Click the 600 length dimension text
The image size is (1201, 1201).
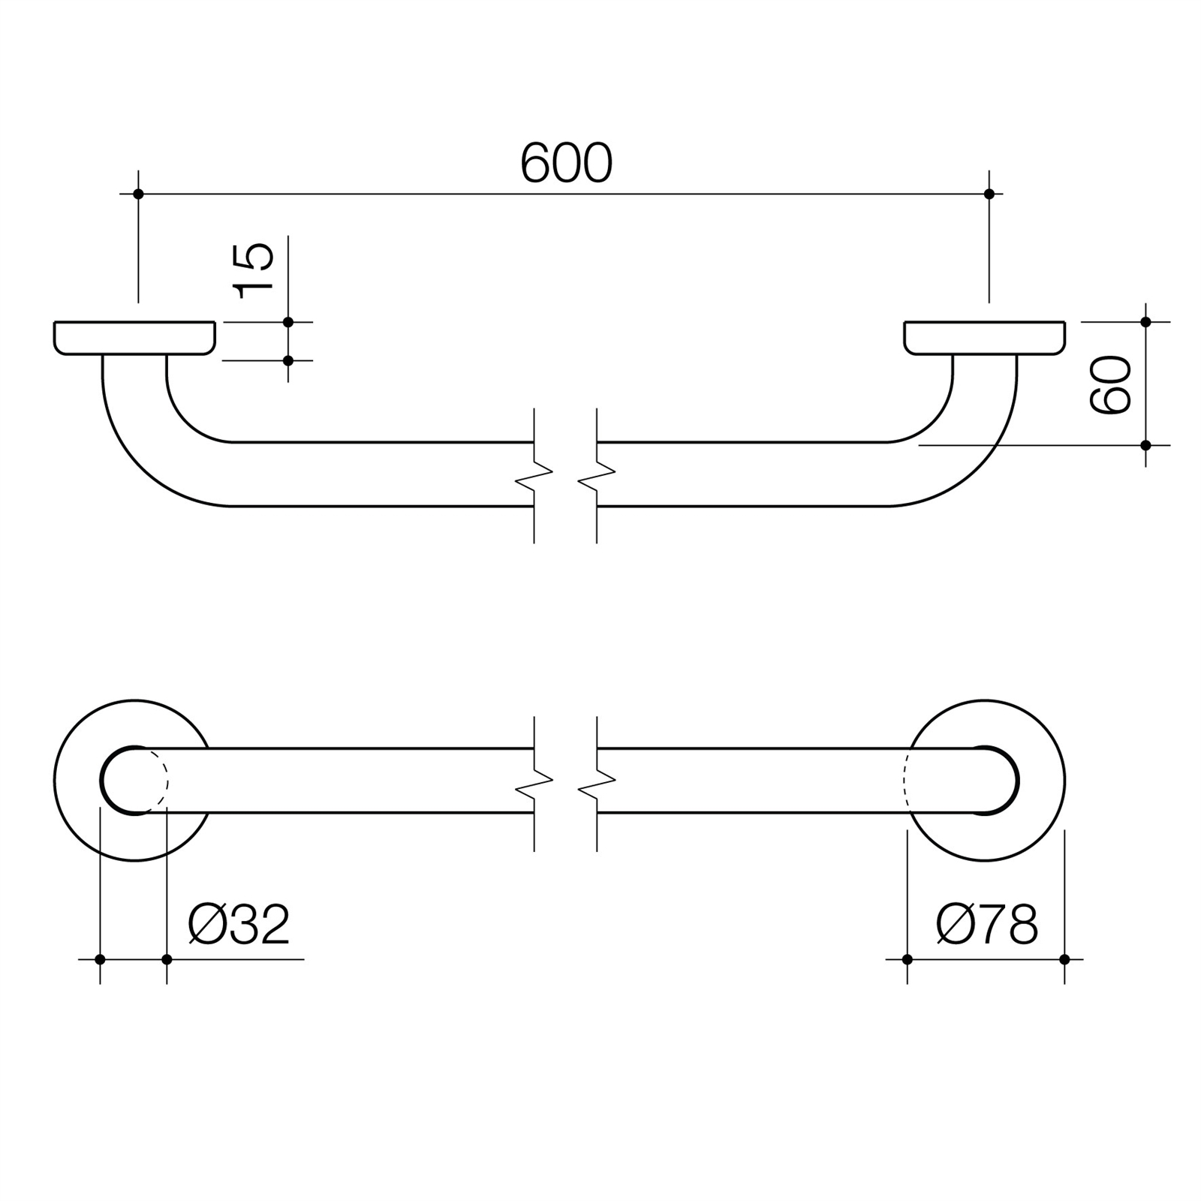(x=566, y=164)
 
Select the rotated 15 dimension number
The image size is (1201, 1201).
(x=254, y=270)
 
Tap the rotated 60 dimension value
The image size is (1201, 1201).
(x=1111, y=384)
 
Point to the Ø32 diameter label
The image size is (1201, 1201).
(x=239, y=925)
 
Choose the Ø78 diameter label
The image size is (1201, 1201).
(x=987, y=925)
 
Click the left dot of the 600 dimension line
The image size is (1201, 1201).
(x=138, y=194)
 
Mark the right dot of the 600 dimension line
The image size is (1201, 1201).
(x=989, y=194)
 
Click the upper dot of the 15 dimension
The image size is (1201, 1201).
(x=288, y=322)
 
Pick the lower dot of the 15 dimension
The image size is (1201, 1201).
(x=288, y=361)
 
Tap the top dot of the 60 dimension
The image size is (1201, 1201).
(x=1145, y=322)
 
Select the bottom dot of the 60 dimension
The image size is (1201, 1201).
(x=1145, y=445)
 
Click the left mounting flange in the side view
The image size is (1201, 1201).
(x=134, y=338)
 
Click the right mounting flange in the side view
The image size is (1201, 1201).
(x=984, y=338)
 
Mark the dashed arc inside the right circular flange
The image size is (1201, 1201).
(x=906, y=781)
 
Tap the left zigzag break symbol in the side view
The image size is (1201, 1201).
(x=534, y=474)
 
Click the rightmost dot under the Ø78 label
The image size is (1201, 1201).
(x=1064, y=959)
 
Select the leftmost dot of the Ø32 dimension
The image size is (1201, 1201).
(x=100, y=959)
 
